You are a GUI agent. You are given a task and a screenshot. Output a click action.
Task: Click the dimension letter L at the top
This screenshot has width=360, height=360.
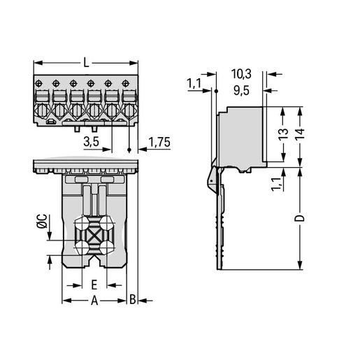(x=87, y=63)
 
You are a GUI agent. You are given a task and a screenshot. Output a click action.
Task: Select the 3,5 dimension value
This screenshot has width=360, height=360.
(x=91, y=141)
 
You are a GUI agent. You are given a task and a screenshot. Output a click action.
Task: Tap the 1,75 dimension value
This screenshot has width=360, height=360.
(x=159, y=142)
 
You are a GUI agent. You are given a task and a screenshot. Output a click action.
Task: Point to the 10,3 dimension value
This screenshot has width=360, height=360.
(x=241, y=74)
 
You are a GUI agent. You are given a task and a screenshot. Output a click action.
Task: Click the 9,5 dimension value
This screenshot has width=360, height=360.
(x=242, y=90)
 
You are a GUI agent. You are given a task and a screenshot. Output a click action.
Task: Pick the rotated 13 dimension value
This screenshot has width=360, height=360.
(x=284, y=134)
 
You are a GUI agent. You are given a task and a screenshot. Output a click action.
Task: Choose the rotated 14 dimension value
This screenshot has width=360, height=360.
(x=300, y=134)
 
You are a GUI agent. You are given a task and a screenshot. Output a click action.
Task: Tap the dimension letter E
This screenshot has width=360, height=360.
(x=94, y=285)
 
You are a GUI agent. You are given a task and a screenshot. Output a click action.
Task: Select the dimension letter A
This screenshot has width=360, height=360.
(x=94, y=301)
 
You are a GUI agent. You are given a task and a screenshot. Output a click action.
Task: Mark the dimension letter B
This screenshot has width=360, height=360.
(x=132, y=300)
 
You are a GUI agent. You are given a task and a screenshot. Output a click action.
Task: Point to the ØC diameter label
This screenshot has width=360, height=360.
(x=42, y=221)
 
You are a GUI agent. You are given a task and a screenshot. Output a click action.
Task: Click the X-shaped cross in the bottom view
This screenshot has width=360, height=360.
(x=94, y=236)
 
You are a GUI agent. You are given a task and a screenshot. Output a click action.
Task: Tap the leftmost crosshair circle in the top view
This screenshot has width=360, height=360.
(x=38, y=83)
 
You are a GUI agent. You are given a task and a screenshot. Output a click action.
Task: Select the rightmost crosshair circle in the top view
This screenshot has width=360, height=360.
(x=126, y=83)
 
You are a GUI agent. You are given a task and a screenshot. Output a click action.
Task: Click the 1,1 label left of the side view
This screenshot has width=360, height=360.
(x=194, y=84)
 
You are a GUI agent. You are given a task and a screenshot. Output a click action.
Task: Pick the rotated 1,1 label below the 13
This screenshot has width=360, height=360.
(x=276, y=184)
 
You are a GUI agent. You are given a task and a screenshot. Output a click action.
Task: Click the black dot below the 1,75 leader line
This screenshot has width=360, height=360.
(x=129, y=150)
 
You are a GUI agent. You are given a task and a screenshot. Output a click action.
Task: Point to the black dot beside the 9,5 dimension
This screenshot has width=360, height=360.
(x=216, y=91)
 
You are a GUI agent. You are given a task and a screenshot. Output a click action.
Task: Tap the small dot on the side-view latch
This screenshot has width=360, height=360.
(x=211, y=180)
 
